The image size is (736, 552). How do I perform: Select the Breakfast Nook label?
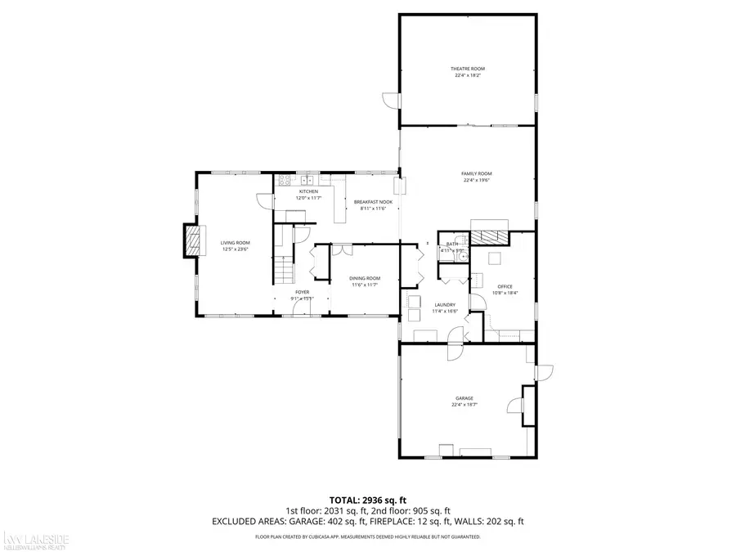373,202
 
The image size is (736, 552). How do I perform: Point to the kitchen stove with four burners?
285,180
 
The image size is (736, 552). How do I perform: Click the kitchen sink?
308,180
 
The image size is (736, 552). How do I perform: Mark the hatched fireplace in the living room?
193,242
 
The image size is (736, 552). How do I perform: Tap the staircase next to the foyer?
282,267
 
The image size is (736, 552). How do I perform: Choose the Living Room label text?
235,243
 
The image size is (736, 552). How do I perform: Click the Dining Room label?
366,278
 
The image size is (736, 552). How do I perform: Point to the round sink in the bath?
463,254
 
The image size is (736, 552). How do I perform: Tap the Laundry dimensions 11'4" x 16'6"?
444,312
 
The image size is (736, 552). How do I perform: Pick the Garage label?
464,398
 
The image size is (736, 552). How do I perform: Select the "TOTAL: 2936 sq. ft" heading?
367,499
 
